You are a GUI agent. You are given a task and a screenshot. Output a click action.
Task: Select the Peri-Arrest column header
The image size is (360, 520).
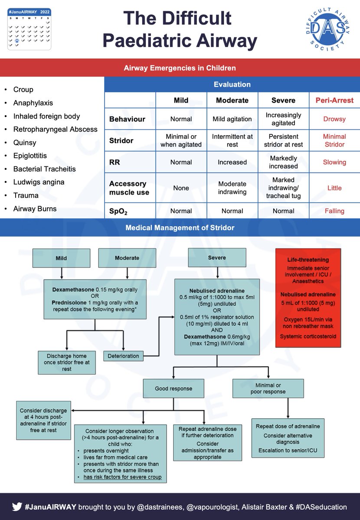[x=334, y=100]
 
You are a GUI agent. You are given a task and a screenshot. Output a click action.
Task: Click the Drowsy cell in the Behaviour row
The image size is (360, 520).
[x=334, y=119]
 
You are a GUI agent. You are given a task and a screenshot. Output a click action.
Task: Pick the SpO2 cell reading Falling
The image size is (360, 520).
[x=334, y=211]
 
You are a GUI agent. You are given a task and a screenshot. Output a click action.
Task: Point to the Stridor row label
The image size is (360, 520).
[x=121, y=140]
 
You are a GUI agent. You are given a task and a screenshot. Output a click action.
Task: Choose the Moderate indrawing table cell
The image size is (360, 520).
[x=232, y=188]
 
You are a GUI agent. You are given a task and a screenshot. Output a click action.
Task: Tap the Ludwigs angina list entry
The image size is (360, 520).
[x=39, y=182]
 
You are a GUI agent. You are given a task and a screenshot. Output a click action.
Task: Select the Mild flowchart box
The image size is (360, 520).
[x=61, y=258]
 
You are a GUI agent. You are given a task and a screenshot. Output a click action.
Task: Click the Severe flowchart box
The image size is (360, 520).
[x=217, y=258]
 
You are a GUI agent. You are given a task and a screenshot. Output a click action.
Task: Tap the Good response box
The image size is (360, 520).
[x=173, y=389]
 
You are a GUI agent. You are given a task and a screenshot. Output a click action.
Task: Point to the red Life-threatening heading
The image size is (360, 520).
[x=308, y=260]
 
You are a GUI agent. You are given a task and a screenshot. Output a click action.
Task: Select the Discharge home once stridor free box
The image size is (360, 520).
[x=66, y=362]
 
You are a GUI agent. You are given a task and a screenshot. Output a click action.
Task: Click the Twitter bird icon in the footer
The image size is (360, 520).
[x=17, y=507]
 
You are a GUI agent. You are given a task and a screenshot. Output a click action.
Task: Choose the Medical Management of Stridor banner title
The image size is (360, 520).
[x=180, y=227]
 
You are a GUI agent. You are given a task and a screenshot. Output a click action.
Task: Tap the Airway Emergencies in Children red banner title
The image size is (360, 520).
[x=180, y=68]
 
